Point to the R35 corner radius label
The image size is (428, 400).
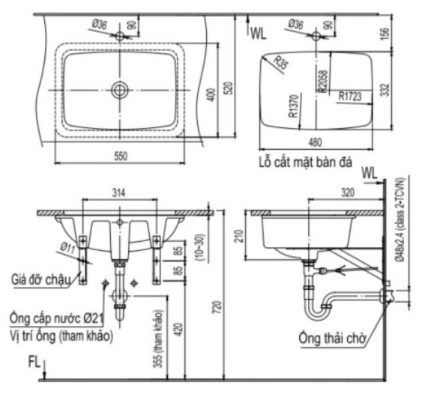(280, 62)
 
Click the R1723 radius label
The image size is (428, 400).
(350, 96)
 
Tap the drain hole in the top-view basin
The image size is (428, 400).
(118, 89)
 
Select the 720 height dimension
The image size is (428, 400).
(217, 308)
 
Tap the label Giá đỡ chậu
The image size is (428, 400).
(40, 279)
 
